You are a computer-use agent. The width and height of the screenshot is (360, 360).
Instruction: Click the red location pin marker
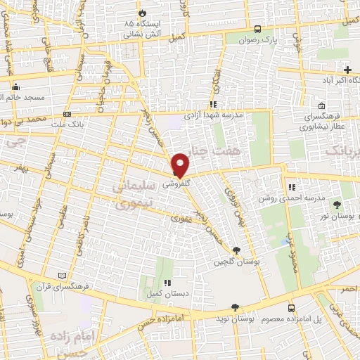coord(181,164)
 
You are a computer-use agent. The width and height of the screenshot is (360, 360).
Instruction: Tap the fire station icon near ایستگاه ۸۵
coord(143,13)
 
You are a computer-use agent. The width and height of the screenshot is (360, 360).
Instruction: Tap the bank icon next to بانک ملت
coord(67,114)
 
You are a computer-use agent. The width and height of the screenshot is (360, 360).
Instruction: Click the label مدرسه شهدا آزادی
coord(213,115)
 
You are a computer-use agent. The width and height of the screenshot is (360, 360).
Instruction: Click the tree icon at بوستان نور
coord(337,204)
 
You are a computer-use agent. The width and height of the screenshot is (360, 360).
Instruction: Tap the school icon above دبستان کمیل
coord(167,283)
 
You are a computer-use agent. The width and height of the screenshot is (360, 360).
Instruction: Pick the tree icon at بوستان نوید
coord(234,308)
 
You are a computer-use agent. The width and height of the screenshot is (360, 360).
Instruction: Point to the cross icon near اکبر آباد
coord(347,69)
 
